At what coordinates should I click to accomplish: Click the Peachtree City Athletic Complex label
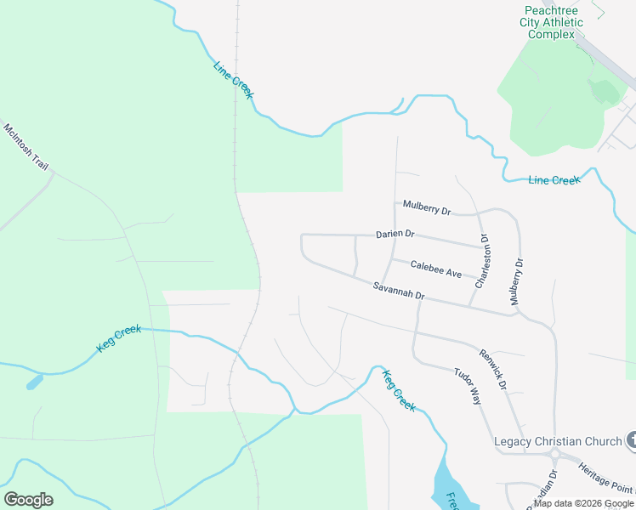tap(552, 22)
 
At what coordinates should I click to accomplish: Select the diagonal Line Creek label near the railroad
tap(233, 80)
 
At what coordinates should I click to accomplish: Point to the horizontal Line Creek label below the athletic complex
tap(554, 180)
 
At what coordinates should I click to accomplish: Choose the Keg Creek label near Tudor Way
tap(399, 391)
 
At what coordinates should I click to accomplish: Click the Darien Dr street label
tap(395, 234)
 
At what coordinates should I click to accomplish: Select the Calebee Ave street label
tap(435, 269)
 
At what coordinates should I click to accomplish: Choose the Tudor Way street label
tap(468, 386)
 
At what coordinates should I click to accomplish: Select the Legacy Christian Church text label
tap(558, 441)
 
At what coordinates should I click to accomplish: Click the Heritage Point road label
tap(605, 478)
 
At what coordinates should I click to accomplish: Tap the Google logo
tap(28, 500)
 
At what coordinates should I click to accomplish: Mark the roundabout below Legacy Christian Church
tap(554, 453)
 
